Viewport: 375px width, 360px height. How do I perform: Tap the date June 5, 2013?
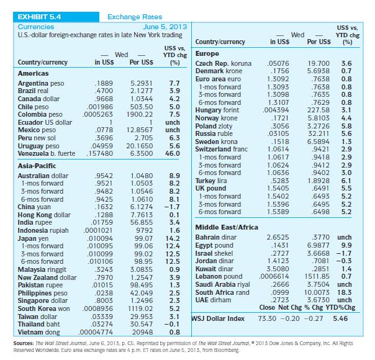(165, 27)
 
